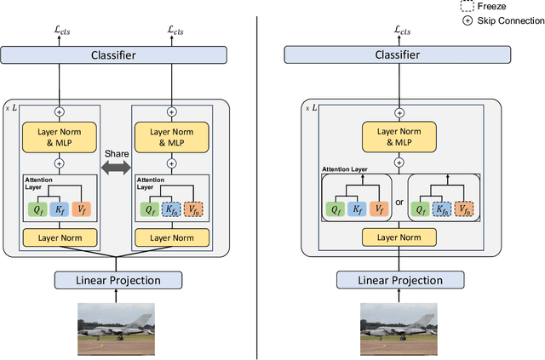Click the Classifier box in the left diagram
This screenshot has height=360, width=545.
coord(115,54)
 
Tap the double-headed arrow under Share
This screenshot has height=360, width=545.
coord(116,169)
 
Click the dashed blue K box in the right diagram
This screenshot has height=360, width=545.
coord(440,208)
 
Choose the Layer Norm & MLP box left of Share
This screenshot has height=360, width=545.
coord(60,137)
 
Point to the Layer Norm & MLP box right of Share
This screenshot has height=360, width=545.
coord(171,137)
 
